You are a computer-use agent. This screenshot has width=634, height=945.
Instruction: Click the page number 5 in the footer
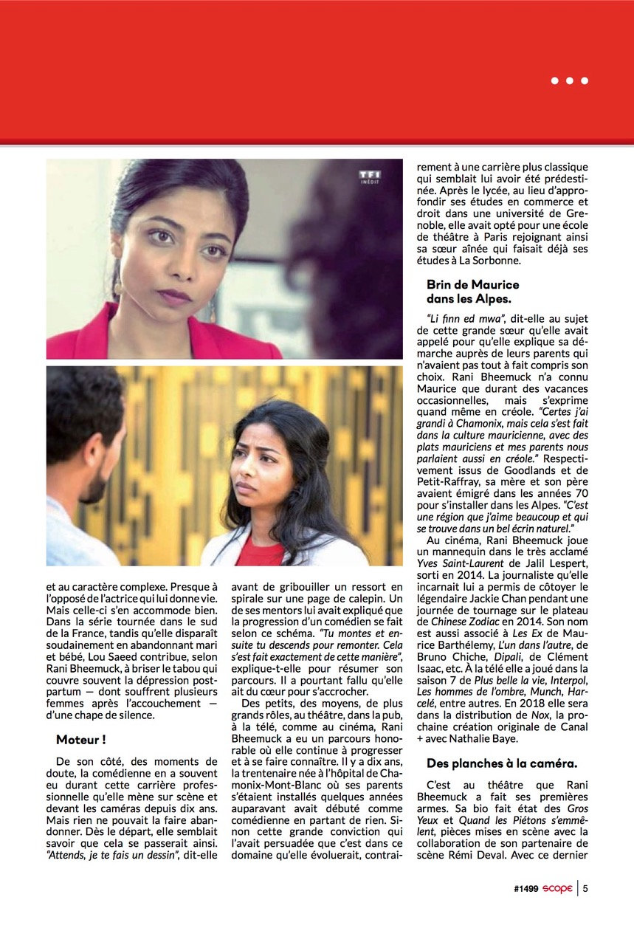585,889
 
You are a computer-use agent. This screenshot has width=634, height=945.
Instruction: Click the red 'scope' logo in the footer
558,889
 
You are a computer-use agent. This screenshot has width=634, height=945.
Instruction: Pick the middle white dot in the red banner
570,80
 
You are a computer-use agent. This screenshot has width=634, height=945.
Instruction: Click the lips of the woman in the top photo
176,297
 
